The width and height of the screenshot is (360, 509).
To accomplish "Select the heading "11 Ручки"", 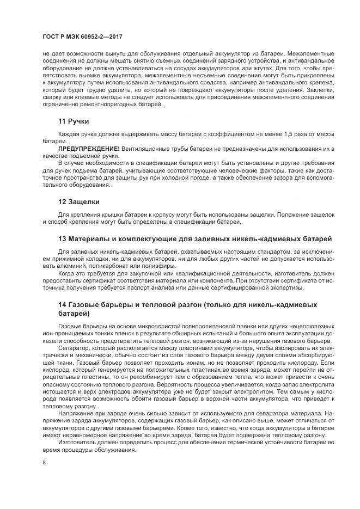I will click(x=74, y=121).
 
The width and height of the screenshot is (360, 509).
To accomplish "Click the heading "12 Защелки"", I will click(x=78, y=202).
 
